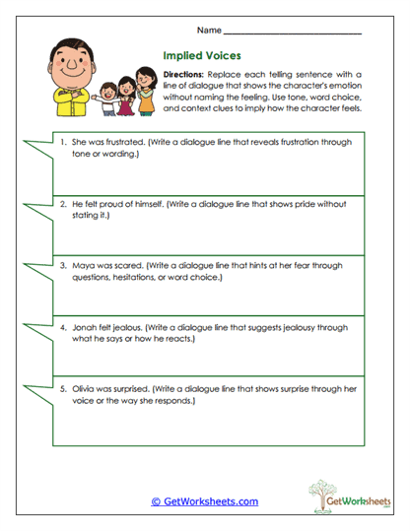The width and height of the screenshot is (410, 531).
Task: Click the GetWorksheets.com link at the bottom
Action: pos(205,501)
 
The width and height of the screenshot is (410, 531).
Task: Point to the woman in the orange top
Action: pos(146,96)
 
